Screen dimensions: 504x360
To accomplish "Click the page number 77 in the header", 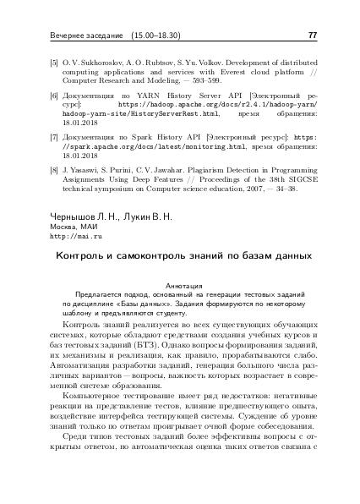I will click(312, 36).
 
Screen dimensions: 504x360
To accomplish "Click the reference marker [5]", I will click(54, 63).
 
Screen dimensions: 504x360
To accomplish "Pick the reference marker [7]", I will click(54, 135).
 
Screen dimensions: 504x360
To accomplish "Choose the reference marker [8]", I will click(54, 168).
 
